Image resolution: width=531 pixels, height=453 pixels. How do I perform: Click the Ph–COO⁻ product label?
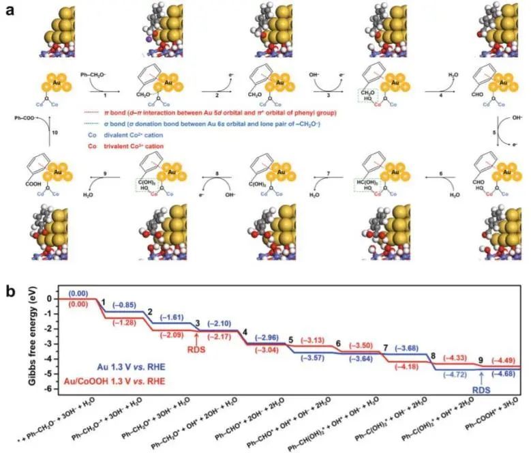point(28,118)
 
